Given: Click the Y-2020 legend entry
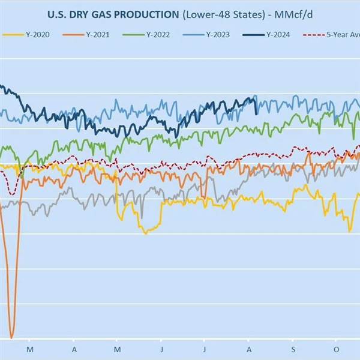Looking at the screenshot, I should tap(29, 35).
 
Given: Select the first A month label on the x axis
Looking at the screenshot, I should tap(73, 348).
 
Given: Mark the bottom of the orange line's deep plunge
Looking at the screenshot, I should tap(11, 337).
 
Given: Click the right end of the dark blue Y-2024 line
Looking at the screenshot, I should tap(257, 113).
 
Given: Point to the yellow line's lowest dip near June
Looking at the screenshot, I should tap(145, 233).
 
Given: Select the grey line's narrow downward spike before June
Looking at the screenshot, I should tap(142, 217).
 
